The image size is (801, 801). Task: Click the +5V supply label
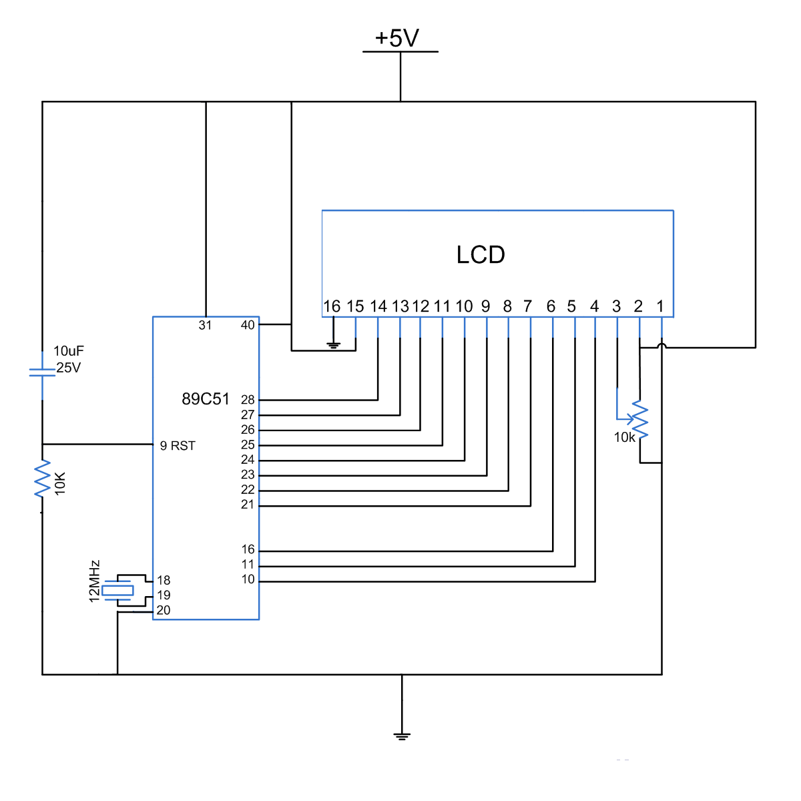[x=397, y=38]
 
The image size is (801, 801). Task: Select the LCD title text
[x=481, y=255]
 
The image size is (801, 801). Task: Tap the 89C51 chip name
[x=206, y=399]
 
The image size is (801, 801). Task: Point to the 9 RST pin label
[x=178, y=446]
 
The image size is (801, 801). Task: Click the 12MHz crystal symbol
[x=118, y=590]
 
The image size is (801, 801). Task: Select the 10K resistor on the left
[x=43, y=479]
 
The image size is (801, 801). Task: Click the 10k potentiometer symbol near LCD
[x=639, y=421]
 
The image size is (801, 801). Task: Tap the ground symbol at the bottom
[x=401, y=736]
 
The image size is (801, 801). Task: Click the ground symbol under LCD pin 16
[x=333, y=345]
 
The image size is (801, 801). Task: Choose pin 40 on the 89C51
[x=248, y=325]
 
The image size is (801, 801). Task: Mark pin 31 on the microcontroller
[x=205, y=325]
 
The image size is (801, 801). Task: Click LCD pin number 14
[x=378, y=306]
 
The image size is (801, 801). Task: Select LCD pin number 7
[x=527, y=306]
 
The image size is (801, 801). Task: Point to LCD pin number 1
[x=660, y=306]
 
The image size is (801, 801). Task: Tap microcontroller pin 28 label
[x=248, y=400]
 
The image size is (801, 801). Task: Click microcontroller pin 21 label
[x=248, y=505]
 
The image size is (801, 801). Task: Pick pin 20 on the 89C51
[x=164, y=610]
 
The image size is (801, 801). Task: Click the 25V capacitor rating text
[x=68, y=368]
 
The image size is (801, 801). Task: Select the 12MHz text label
[x=95, y=581]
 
